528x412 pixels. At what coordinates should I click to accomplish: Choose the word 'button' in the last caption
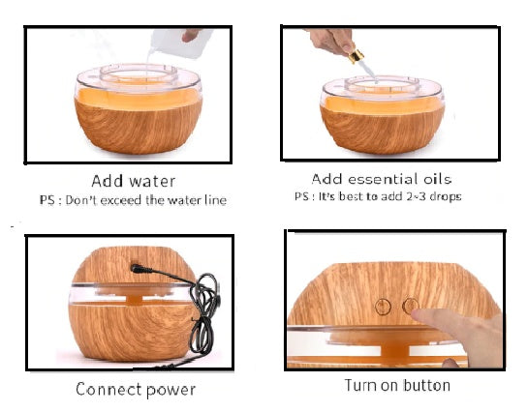[423, 386]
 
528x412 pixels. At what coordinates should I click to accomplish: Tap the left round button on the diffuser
[383, 307]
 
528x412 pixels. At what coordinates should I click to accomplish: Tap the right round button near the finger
[411, 307]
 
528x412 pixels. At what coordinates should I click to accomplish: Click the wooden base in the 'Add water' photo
[137, 131]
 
